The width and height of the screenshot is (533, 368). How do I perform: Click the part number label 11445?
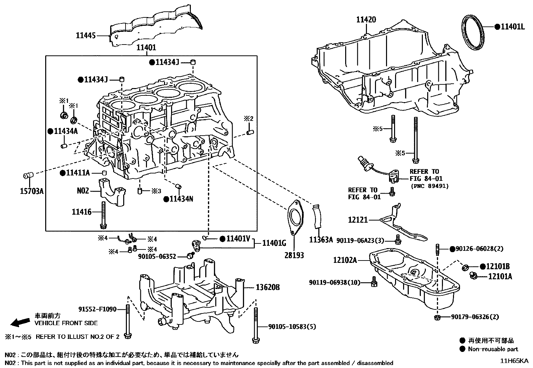coord(86,35)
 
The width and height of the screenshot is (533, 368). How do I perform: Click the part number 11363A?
coord(321,240)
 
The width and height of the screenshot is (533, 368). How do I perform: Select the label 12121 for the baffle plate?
coord(358,220)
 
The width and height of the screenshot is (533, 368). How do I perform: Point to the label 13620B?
coord(268,287)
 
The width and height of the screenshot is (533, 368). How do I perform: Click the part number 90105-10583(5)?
coord(292,327)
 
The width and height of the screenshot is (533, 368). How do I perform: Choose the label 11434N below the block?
coord(181,199)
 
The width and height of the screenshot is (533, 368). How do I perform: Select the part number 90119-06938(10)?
coord(334,283)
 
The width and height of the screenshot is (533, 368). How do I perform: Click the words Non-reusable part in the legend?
coord(493,349)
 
